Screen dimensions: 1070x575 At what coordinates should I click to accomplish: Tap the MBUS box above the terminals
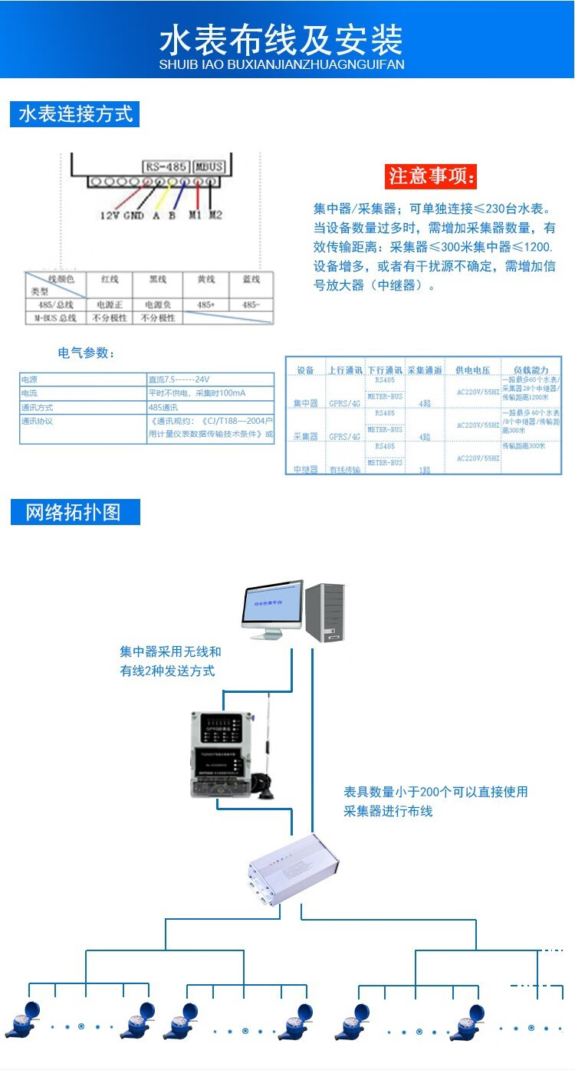(x=208, y=166)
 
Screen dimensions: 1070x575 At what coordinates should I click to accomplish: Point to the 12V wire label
(x=110, y=215)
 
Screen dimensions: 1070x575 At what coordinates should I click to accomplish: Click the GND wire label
(x=133, y=215)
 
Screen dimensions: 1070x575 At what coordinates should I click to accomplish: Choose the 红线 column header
(x=109, y=280)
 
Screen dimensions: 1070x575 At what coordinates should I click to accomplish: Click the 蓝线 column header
(x=251, y=280)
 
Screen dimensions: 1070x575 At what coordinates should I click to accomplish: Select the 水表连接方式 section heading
(x=75, y=114)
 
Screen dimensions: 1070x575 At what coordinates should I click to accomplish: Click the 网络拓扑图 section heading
(x=75, y=512)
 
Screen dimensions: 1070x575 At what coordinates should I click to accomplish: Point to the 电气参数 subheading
(x=87, y=353)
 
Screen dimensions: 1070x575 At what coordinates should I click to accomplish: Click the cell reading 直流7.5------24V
(x=210, y=379)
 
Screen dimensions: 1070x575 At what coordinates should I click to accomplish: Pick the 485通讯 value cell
(x=210, y=407)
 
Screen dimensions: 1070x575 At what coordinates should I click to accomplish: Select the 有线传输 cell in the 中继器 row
(x=344, y=468)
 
